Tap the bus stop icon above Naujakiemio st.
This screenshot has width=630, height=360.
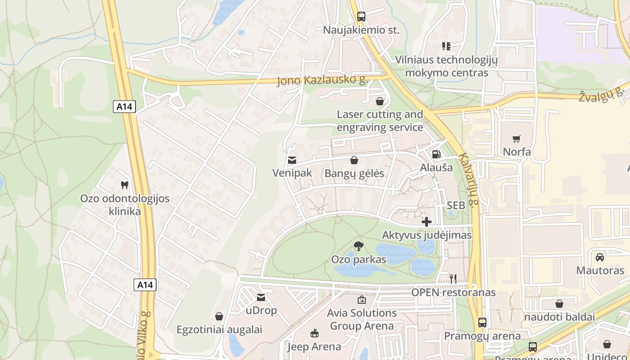click(x=361, y=17)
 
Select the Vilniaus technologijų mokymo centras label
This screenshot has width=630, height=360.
click(x=446, y=66)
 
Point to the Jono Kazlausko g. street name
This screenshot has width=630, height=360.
click(x=323, y=81)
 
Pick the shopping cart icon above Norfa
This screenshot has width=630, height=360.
click(x=517, y=139)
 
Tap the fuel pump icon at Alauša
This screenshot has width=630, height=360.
click(x=436, y=154)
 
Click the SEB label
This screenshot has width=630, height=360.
click(x=455, y=205)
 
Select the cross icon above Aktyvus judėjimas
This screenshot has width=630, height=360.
click(x=427, y=222)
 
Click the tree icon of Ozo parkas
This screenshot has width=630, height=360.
click(x=359, y=246)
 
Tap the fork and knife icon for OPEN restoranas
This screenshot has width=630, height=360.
click(x=453, y=279)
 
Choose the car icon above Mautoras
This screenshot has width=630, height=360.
click(x=600, y=257)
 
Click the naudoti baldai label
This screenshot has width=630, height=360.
click(x=559, y=317)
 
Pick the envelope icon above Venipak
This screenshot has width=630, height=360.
click(x=292, y=160)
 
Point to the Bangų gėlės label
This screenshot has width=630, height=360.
click(x=355, y=173)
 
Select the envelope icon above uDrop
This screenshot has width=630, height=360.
click(x=261, y=297)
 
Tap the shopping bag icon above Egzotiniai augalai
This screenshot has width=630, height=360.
click(x=219, y=316)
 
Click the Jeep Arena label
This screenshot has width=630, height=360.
click(x=314, y=346)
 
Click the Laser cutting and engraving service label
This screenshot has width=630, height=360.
click(x=380, y=121)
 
